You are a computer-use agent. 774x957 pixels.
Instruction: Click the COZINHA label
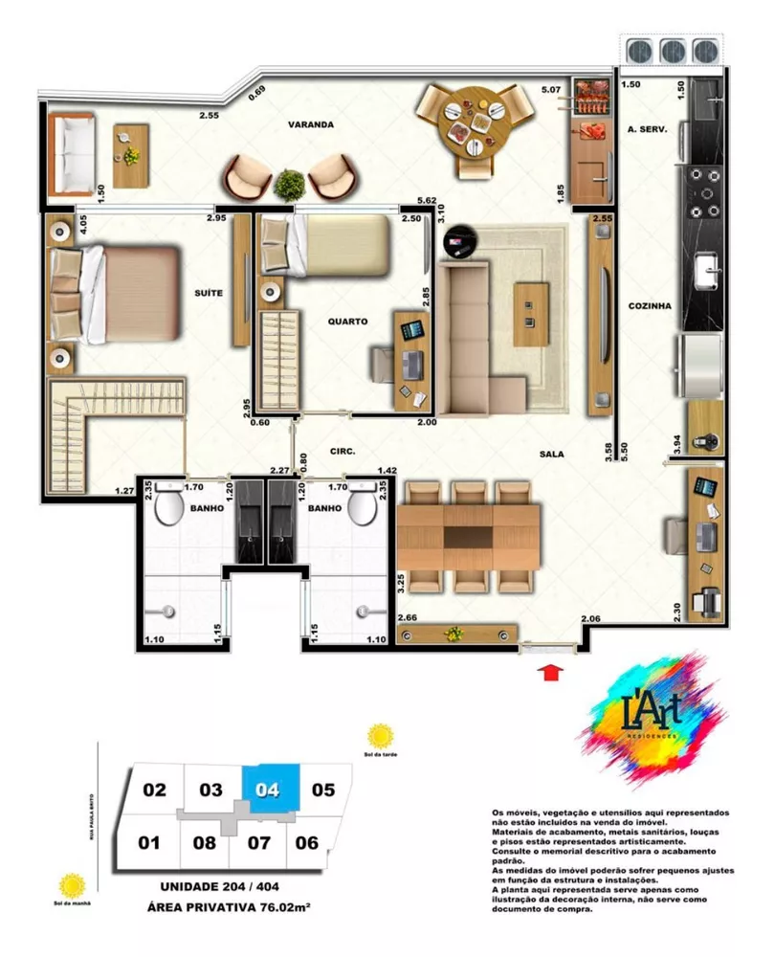coord(650,306)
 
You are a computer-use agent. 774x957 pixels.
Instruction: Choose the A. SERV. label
coord(646,128)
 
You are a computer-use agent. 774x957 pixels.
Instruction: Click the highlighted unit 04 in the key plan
coord(270,790)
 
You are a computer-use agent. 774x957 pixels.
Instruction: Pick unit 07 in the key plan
coord(259,843)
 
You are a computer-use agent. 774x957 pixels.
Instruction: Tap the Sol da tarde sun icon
coord(381,735)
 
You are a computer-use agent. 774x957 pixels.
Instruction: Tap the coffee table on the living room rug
coord(526,313)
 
